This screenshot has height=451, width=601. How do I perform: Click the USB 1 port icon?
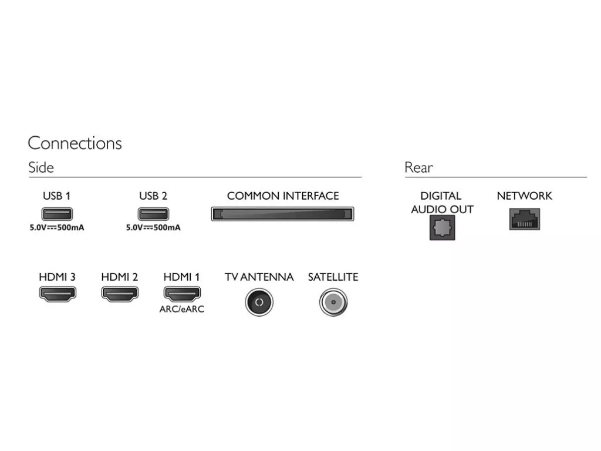(x=57, y=214)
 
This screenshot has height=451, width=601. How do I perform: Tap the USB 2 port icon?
(x=153, y=214)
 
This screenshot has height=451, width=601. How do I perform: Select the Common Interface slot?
(x=282, y=214)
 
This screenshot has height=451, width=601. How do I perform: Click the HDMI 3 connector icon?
(x=58, y=294)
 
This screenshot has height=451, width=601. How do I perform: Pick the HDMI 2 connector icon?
(x=120, y=294)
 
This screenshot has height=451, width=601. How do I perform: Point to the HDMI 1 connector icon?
(x=182, y=294)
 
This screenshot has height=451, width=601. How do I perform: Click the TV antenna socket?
(x=259, y=302)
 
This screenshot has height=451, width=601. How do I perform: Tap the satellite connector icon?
(x=333, y=302)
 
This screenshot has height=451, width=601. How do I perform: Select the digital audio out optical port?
(x=443, y=227)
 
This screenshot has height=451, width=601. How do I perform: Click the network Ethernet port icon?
(x=524, y=219)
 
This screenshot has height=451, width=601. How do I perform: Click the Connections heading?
(x=75, y=143)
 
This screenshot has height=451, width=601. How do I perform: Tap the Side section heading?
(x=41, y=167)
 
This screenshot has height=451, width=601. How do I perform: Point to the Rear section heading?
(x=418, y=167)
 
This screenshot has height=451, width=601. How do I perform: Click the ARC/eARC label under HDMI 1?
(x=182, y=309)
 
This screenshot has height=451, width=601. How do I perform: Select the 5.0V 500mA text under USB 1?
(x=57, y=227)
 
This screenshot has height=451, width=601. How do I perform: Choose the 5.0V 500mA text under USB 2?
(x=153, y=227)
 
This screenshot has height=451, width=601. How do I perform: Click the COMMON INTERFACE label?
(x=283, y=196)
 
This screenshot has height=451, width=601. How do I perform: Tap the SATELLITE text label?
(x=333, y=277)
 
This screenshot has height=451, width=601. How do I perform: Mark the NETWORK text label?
(x=524, y=196)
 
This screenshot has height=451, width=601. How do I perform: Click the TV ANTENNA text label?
(x=259, y=277)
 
